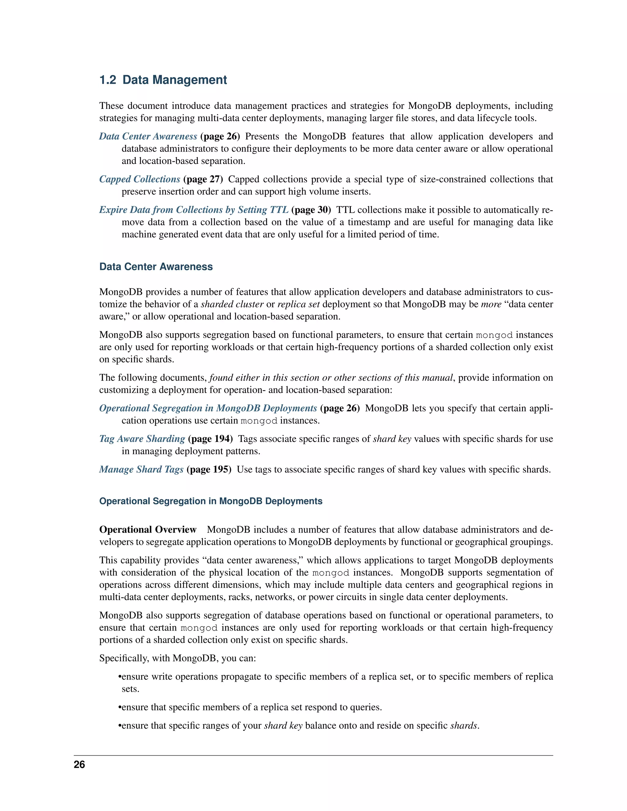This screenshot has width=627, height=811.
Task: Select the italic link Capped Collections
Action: [140, 179]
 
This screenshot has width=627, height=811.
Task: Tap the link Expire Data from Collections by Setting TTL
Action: [193, 210]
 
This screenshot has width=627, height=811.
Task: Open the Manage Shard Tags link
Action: [141, 469]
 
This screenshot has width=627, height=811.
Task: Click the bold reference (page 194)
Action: [211, 439]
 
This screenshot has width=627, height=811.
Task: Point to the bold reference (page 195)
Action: [209, 469]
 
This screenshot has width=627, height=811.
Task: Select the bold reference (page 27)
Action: [203, 179]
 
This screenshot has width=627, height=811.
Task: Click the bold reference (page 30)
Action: [311, 210]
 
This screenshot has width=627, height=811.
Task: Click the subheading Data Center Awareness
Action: [156, 267]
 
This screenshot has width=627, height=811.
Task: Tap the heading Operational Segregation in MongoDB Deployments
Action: [211, 501]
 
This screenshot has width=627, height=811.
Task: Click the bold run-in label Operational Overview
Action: [148, 529]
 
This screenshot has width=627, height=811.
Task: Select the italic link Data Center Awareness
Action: [148, 136]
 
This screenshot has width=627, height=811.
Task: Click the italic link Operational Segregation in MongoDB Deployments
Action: [208, 408]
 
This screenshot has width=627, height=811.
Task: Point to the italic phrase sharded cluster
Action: [232, 304]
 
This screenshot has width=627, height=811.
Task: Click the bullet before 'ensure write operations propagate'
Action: [120, 677]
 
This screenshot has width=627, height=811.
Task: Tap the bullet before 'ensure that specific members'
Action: [120, 707]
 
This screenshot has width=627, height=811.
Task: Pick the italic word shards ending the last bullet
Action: [464, 726]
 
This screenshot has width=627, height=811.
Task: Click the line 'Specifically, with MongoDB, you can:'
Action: [178, 658]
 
